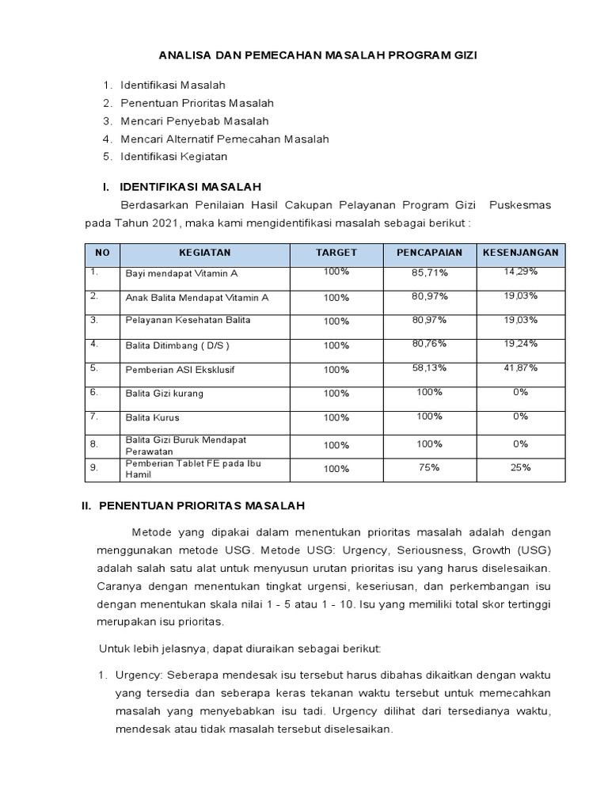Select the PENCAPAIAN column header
[x=428, y=253]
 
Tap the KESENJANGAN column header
[x=520, y=253]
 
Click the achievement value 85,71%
[x=429, y=272]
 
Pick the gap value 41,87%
[x=520, y=367]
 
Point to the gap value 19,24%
[x=520, y=343]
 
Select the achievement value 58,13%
[x=429, y=367]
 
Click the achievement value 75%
[x=429, y=467]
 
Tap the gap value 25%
[x=520, y=467]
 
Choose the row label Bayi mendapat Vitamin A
[x=181, y=273]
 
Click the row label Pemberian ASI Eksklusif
[x=180, y=370]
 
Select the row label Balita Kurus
[x=152, y=417]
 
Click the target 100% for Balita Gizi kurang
[x=336, y=394]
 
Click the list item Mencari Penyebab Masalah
[x=194, y=121]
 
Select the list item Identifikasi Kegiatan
[x=173, y=156]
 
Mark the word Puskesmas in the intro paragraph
[x=520, y=205]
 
